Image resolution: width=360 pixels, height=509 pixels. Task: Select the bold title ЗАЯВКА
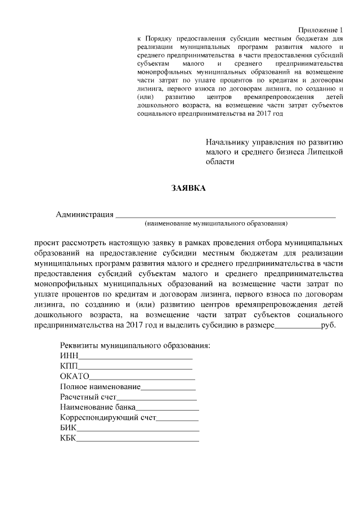point(188,188)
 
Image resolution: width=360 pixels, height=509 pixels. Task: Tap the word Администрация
point(84,214)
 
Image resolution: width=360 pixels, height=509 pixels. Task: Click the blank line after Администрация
point(225,215)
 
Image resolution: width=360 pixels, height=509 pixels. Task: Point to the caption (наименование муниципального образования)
point(216,224)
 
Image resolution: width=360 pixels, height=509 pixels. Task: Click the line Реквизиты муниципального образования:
point(134,345)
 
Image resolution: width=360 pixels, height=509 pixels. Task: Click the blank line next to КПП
point(135,367)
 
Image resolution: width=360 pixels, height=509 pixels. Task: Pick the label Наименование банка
point(97,407)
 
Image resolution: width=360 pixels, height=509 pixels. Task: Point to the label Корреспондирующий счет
point(107,418)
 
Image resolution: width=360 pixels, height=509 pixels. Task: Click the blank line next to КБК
point(137,439)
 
